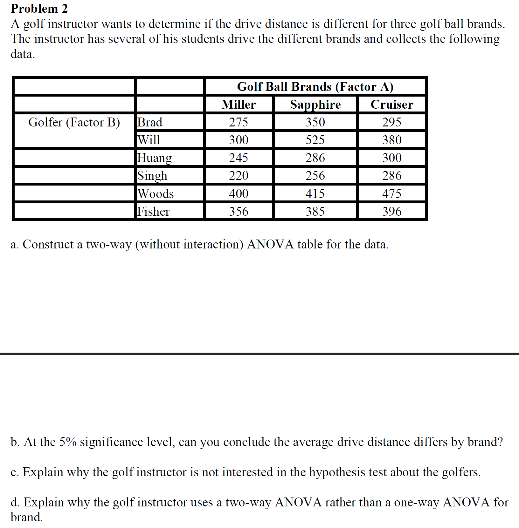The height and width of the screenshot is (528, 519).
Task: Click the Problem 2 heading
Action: pos(39,9)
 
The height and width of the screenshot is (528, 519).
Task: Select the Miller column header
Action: pos(239,105)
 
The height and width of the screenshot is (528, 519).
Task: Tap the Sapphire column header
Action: pos(315,105)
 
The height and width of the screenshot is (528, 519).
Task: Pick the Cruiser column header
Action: pos(392,105)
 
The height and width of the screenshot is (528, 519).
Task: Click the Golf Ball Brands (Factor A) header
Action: pos(315,87)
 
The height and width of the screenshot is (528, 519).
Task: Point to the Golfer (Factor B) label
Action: pos(74,122)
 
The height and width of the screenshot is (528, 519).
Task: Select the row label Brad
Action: pos(150,122)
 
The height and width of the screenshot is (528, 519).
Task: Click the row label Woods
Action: pos(156,193)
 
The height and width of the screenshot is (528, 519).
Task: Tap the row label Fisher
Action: pos(153,211)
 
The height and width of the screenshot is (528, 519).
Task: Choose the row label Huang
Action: pos(154,158)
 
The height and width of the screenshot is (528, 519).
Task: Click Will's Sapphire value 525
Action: pos(315,140)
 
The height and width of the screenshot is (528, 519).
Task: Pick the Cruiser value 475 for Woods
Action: pos(392,193)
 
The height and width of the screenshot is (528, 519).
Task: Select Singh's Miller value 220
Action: pos(239,176)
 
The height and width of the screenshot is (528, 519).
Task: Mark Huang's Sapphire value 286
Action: pos(315,158)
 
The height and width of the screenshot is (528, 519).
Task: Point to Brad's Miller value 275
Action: pos(239,122)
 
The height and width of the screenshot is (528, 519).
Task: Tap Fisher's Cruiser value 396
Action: pos(392,211)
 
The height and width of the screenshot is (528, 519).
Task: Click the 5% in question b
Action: pos(68,442)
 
